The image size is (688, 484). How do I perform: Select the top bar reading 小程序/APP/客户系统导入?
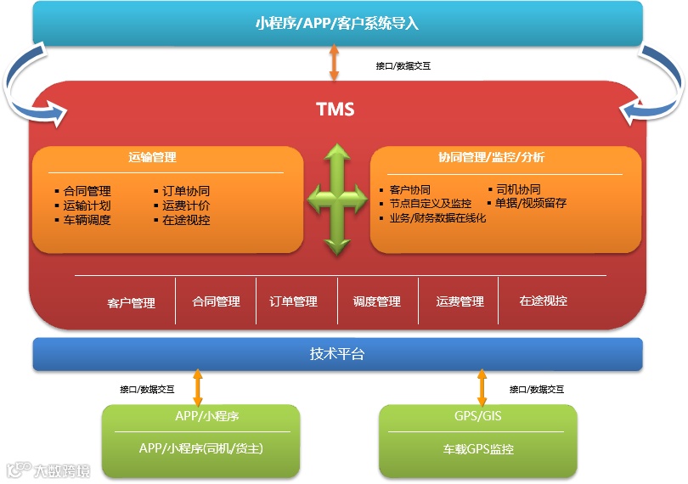(x=337, y=24)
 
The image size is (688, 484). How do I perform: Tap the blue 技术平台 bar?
(x=337, y=354)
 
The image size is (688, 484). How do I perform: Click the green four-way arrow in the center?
(x=337, y=200)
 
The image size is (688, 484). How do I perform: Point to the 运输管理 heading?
(x=153, y=158)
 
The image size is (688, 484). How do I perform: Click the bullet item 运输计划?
(x=87, y=205)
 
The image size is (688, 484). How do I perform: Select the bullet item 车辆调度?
(x=87, y=220)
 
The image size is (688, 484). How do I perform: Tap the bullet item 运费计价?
(x=186, y=205)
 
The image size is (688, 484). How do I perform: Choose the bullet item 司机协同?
(x=518, y=190)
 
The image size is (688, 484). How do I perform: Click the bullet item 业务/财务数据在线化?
(x=437, y=218)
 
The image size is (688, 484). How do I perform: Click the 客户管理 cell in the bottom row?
(x=132, y=302)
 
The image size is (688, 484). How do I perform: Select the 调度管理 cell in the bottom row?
(x=376, y=301)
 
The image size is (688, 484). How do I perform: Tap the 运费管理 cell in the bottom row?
(x=460, y=301)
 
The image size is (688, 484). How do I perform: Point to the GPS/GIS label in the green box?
(x=478, y=417)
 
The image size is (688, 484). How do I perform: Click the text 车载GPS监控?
(x=478, y=448)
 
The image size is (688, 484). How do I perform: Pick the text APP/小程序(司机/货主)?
(x=200, y=448)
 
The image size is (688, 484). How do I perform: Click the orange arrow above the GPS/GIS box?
(x=482, y=388)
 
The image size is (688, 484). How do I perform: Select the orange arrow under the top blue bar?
(x=334, y=64)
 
